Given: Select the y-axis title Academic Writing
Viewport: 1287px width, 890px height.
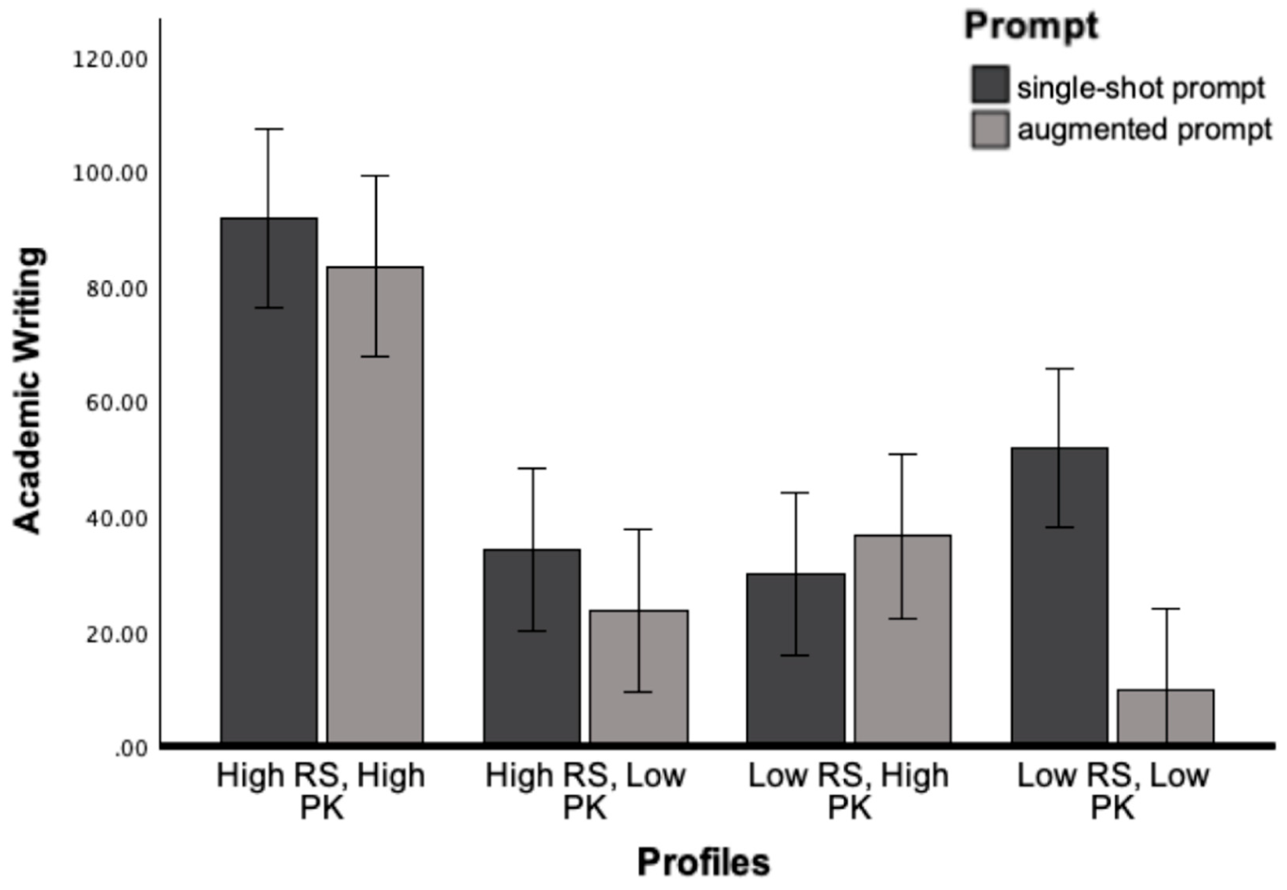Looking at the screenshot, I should click(x=28, y=390).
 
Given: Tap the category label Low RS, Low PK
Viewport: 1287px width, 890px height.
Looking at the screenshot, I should click(x=1112, y=791).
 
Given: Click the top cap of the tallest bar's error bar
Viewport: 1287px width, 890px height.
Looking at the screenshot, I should click(x=269, y=129).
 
